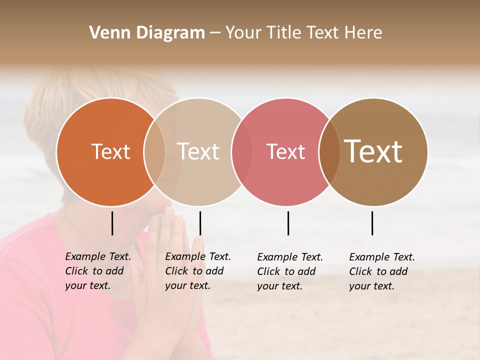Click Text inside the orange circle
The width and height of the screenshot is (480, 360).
pos(110,151)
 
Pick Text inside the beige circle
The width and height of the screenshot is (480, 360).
pos(198,151)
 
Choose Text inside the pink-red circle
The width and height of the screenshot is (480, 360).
pos(286,151)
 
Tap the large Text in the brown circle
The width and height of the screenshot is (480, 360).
pos(373,151)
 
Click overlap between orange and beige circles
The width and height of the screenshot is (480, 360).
pos(154,152)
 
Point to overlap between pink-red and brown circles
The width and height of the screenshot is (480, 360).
pos(329,152)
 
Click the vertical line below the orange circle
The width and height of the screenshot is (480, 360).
pos(112,223)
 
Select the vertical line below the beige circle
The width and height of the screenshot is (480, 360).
pos(200,223)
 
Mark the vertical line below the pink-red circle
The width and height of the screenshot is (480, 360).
pos(288,223)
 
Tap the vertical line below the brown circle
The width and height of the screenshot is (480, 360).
pos(372,223)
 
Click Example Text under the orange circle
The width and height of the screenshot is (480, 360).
pos(98,256)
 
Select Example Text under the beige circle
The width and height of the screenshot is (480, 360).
pos(198,256)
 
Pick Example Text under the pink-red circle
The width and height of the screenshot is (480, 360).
pos(290,257)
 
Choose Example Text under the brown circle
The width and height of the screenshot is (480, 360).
pos(382,257)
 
